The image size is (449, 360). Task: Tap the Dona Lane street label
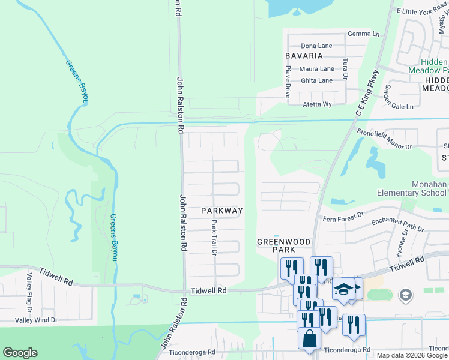[x=316, y=46]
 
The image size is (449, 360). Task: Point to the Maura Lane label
[x=317, y=69]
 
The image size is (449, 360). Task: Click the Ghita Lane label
[x=316, y=80]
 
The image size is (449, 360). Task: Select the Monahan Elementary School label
[x=412, y=189]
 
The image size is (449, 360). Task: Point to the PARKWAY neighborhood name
[x=221, y=211]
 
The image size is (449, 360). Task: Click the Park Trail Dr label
[x=214, y=236]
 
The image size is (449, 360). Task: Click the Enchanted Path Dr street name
[x=397, y=225]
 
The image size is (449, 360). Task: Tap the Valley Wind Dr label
[x=36, y=320]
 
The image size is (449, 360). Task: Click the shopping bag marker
[x=310, y=339]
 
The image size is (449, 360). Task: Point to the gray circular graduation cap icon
[x=405, y=295]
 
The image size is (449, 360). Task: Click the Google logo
[x=20, y=353]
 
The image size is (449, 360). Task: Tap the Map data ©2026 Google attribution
[x=412, y=355]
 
